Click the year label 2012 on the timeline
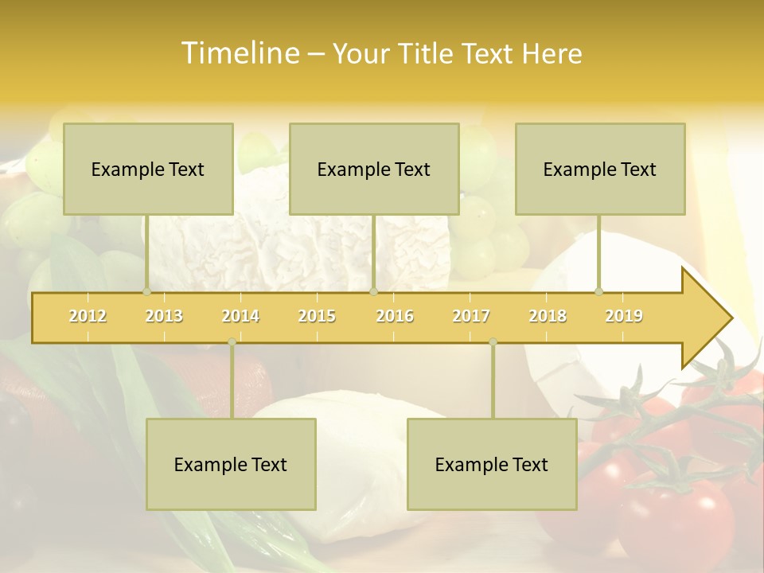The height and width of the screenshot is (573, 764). [88, 316]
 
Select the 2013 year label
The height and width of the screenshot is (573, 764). [164, 316]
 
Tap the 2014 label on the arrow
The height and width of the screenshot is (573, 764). [240, 316]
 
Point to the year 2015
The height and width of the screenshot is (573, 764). [317, 316]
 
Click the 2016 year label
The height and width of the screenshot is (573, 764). [395, 316]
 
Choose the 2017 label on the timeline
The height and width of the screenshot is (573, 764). [471, 316]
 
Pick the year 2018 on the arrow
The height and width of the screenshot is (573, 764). [548, 316]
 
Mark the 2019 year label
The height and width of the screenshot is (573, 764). [624, 316]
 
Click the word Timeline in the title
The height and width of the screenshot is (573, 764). [239, 53]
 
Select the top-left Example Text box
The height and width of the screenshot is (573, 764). [148, 169]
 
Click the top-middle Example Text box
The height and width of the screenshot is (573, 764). [374, 169]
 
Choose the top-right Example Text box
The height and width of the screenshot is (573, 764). [600, 169]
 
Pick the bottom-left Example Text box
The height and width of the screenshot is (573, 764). [231, 464]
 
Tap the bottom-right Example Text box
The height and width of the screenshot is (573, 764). [492, 464]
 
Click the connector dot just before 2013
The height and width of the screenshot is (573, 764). [146, 291]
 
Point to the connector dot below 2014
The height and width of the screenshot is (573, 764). [232, 342]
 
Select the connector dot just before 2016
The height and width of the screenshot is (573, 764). [373, 291]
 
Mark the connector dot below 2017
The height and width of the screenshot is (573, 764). [493, 342]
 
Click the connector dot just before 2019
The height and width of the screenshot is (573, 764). [598, 291]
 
